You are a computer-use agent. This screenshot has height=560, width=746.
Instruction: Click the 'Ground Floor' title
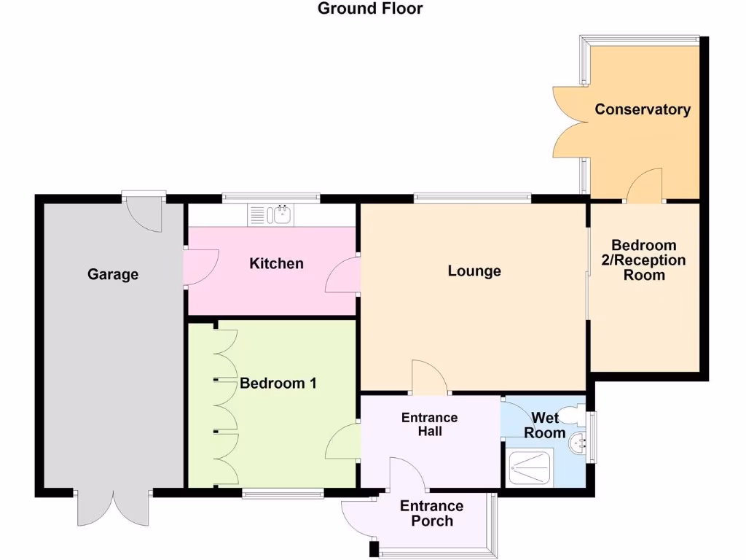(370, 9)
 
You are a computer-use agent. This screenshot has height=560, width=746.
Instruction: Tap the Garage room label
(113, 274)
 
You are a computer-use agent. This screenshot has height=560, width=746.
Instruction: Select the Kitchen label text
(276, 263)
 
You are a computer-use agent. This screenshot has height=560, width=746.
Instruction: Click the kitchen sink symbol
(271, 214)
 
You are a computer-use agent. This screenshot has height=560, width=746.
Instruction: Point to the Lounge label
(474, 271)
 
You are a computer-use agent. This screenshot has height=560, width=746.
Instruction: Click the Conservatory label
(643, 109)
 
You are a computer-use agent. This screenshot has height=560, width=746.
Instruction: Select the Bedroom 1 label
(278, 383)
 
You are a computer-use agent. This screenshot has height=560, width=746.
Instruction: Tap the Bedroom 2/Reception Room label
(644, 260)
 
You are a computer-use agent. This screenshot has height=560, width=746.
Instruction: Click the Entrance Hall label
(430, 424)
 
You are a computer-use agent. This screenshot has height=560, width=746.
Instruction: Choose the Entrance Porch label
(431, 513)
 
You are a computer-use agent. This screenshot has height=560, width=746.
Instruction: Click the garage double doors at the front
(113, 510)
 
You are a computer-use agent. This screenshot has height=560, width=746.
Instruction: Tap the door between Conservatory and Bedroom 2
(645, 187)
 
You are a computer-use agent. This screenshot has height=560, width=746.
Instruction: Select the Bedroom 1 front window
(283, 494)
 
